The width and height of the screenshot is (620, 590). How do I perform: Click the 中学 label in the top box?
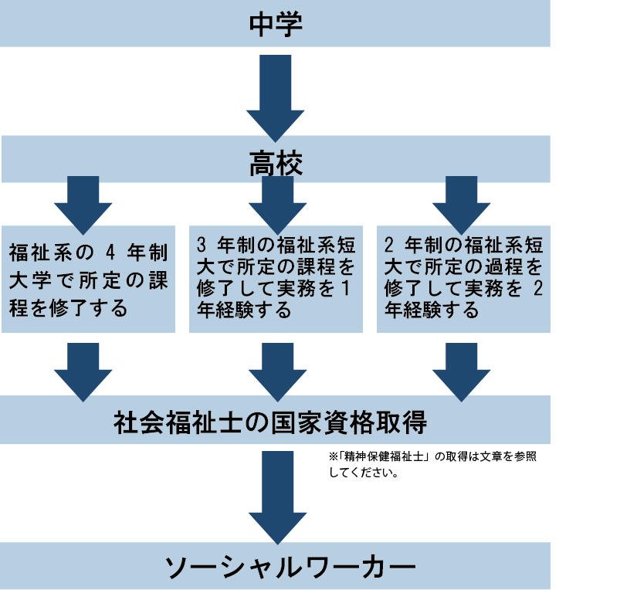coord(275,23)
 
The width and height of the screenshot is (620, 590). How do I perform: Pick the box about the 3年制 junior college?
coord(276,278)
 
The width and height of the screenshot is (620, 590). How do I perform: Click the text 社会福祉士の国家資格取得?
coord(269,422)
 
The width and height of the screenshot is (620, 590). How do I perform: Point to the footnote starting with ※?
coord(432,463)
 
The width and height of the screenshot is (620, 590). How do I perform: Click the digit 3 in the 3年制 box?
coord(202,246)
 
